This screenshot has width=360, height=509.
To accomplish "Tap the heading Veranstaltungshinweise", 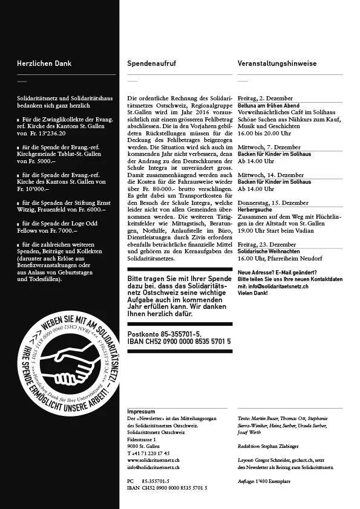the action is click(277, 63).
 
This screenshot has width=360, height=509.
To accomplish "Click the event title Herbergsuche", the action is click(253, 209).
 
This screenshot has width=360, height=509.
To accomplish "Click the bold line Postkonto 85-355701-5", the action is click(165, 334).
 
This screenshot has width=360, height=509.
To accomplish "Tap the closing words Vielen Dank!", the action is click(254, 292).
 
